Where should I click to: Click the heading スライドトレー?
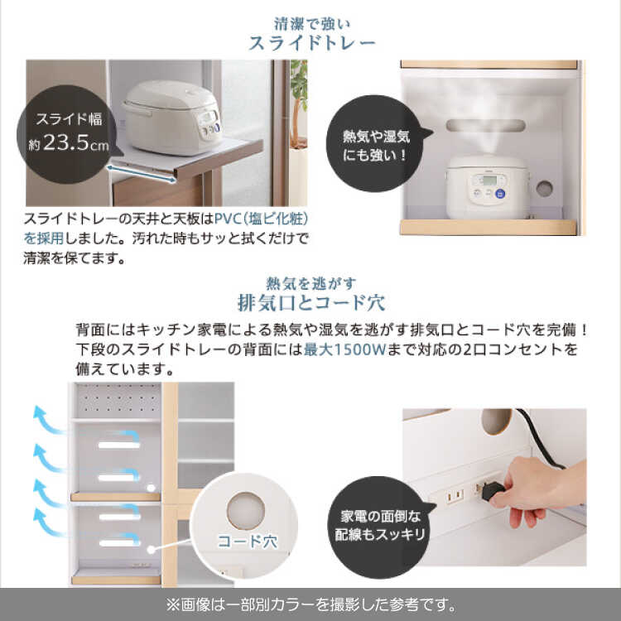point(311,43)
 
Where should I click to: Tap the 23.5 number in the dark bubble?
point(65,142)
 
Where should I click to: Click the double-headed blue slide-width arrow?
point(142,174)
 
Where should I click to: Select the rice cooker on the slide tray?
point(172,118)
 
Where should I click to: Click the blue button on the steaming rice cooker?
point(500,194)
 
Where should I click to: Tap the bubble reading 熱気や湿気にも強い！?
point(376,144)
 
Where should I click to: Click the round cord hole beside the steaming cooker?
point(545,189)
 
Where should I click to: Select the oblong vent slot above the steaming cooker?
point(485,126)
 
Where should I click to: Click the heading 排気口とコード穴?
point(310,303)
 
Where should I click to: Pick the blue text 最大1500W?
point(344,349)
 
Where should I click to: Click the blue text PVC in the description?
point(228,219)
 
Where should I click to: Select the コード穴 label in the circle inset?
point(247,542)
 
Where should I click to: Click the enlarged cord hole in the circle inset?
point(246,511)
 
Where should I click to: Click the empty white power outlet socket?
point(455,495)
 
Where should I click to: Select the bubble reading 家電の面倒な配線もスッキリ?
point(380,526)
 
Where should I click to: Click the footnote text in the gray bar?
point(310,604)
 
